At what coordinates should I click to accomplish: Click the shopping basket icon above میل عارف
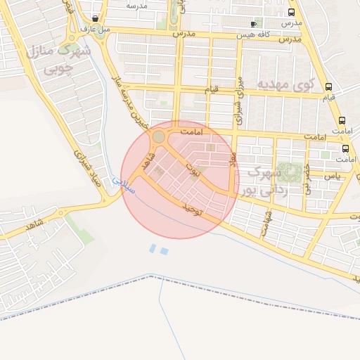(95, 19)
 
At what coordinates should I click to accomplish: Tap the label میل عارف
(95, 30)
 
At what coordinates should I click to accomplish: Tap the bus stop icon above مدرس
(291, 12)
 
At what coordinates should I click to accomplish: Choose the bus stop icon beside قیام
(329, 87)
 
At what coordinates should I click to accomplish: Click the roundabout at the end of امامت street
(160, 136)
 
